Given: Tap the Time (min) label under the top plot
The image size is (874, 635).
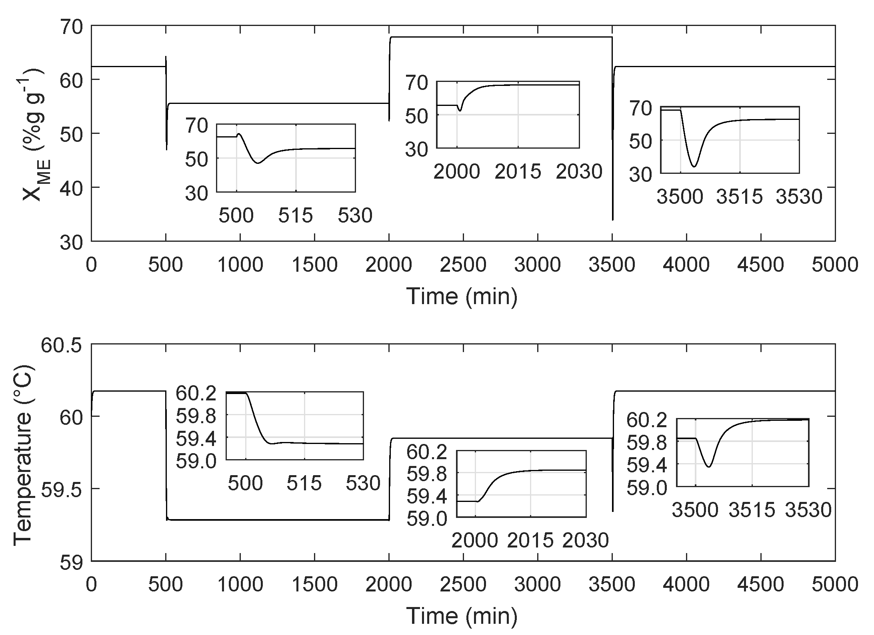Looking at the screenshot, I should point(462,297).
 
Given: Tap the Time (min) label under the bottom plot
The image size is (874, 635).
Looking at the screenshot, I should point(462,616).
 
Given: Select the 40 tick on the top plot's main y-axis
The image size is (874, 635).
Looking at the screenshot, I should point(72,188).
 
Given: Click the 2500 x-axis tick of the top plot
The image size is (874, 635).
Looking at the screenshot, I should point(463,265).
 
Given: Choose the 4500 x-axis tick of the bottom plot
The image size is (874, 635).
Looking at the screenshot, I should point(760,585).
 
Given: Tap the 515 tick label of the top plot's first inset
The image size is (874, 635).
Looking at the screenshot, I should point(296,216).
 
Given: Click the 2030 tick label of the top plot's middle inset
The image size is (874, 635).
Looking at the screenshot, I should point(579,172).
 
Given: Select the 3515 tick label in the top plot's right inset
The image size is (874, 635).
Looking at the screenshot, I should point(740,197).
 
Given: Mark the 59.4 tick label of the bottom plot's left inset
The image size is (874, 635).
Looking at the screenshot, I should point(196,439).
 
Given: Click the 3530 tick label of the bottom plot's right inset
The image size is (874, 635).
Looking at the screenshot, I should point(808,510).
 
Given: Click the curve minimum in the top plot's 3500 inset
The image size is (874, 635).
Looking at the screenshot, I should point(694,166).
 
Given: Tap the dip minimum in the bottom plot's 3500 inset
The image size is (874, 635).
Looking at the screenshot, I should point(709,467).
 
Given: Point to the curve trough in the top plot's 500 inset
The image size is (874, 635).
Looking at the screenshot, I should point(258,163).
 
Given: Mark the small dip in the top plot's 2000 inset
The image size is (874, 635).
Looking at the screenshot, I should point(460,111).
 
